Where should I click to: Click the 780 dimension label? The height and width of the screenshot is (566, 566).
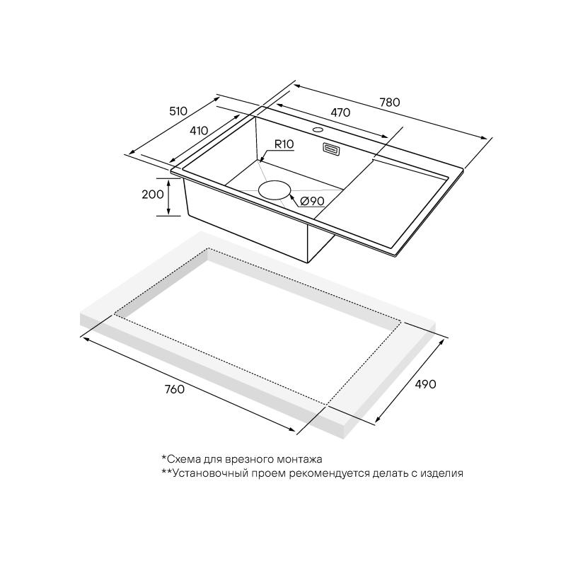[390, 103]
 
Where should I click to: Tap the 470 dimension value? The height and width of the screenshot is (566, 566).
[340, 112]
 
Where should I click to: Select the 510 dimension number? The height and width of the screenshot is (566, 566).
[178, 111]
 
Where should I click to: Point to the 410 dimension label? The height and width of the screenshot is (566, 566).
[199, 130]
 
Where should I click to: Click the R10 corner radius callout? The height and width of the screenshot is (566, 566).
[284, 144]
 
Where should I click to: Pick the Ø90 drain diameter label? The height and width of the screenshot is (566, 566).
[313, 201]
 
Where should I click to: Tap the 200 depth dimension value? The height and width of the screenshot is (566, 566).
[153, 195]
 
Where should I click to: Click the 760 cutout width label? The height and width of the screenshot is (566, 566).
[174, 389]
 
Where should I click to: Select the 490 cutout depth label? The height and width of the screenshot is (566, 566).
[426, 384]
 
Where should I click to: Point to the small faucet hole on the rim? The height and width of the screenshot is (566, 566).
[318, 129]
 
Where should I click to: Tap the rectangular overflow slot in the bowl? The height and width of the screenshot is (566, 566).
[331, 149]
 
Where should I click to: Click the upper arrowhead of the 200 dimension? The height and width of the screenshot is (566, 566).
[168, 183]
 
